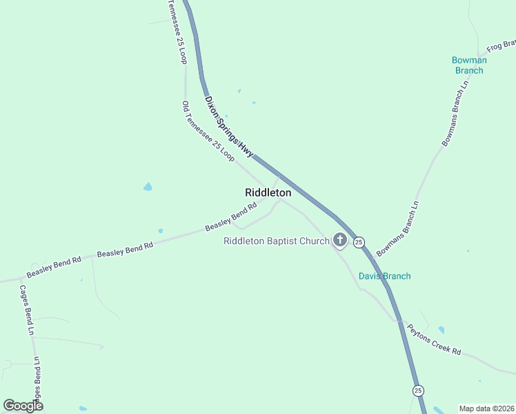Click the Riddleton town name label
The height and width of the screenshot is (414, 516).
click(268, 193)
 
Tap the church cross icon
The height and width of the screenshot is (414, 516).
click(339, 240)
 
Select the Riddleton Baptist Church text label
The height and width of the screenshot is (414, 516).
click(277, 241)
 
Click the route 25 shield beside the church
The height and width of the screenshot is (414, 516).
click(359, 242)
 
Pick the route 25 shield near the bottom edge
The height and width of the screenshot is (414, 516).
click(418, 391)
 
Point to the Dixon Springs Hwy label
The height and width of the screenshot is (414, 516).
click(229, 126)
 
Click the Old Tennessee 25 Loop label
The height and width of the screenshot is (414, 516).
click(208, 132)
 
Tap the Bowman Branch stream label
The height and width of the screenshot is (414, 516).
click(469, 65)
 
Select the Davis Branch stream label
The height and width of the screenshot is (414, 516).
click(384, 276)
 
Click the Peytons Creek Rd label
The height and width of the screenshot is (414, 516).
click(433, 339)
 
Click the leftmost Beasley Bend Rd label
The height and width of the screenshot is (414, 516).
click(54, 264)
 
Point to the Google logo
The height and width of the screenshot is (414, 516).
click(23, 406)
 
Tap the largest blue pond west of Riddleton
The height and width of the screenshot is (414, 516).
click(148, 187)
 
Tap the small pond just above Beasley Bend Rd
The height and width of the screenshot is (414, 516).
click(160, 231)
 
